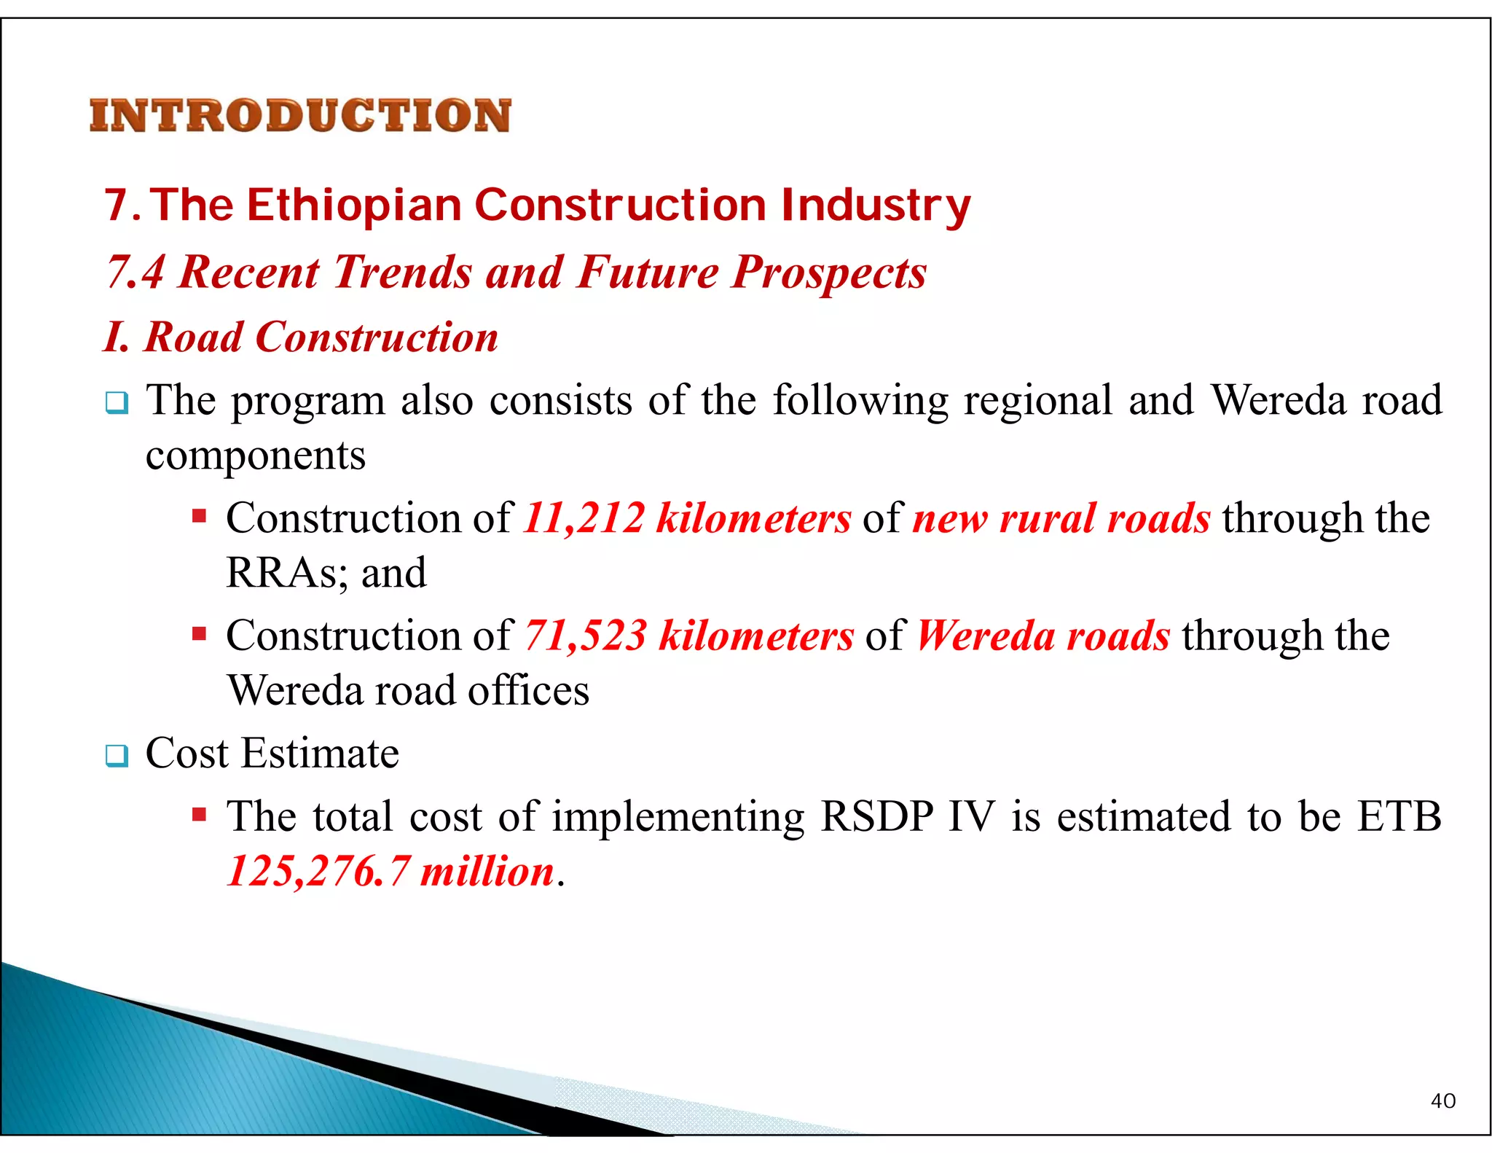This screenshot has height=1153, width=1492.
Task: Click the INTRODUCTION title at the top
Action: click(x=300, y=116)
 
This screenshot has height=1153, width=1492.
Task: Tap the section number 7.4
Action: click(x=136, y=273)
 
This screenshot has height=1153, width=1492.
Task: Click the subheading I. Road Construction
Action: click(x=300, y=337)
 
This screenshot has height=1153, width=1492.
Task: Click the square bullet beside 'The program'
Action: click(x=117, y=402)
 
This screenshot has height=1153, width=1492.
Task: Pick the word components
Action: click(x=255, y=457)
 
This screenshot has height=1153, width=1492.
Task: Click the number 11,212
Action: click(x=584, y=519)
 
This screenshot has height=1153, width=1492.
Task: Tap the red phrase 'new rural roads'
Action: click(x=1061, y=519)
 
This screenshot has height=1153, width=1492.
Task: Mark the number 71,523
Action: click(x=585, y=636)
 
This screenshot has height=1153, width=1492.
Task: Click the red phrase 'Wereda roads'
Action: click(x=1043, y=636)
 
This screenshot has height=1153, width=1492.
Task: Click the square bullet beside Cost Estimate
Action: click(x=117, y=755)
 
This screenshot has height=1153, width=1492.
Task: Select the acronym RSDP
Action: click(x=876, y=816)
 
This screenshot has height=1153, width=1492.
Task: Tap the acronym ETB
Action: click(x=1399, y=816)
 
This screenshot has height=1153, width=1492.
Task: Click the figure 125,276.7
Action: click(x=318, y=872)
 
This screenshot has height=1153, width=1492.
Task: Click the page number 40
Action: click(x=1442, y=1101)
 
